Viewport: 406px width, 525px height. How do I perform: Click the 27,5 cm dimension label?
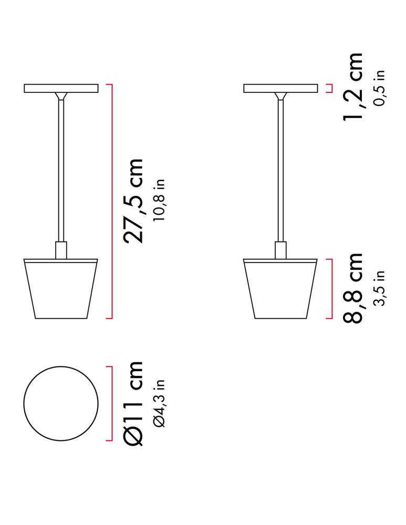[132, 201]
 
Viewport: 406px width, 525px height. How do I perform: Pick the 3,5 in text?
[379, 288]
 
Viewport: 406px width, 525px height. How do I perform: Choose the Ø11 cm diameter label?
[132, 403]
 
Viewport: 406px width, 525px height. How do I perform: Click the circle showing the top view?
[61, 403]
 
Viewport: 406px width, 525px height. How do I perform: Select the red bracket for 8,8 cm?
[330, 288]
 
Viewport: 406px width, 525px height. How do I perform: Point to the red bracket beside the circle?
[111, 403]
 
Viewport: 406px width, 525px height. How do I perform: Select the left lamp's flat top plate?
[61, 88]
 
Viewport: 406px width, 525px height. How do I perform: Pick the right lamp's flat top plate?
[280, 88]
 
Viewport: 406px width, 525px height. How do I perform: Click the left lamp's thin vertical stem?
[61, 168]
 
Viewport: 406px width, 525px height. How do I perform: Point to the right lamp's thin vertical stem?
[280, 168]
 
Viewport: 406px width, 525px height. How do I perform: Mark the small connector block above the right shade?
[280, 249]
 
